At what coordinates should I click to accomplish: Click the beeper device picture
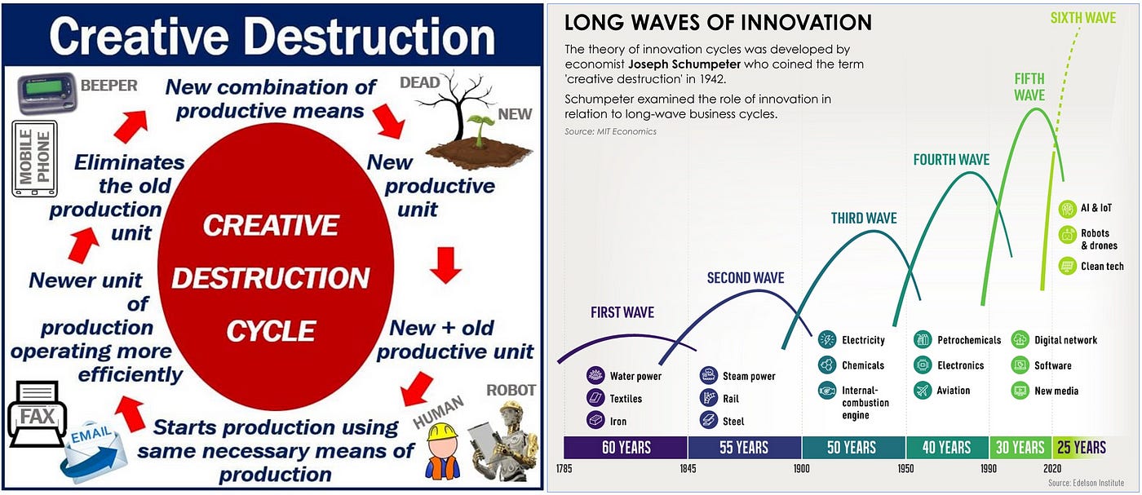click(47, 93)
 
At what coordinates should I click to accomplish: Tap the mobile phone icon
click(34, 158)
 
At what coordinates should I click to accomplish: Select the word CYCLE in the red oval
click(271, 331)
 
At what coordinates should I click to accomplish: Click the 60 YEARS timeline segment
click(626, 447)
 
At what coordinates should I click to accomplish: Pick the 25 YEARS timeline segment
click(1081, 447)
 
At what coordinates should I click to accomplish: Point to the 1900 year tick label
click(801, 468)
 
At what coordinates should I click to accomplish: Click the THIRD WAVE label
click(864, 219)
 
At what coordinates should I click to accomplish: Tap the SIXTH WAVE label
click(1083, 18)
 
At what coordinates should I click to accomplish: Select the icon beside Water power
click(595, 376)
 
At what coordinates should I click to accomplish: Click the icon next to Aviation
click(923, 391)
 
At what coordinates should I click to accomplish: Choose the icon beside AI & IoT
click(1067, 209)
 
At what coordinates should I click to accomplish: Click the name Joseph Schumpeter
click(684, 64)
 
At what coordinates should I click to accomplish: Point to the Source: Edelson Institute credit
click(1086, 483)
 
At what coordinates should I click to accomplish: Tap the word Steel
click(733, 422)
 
